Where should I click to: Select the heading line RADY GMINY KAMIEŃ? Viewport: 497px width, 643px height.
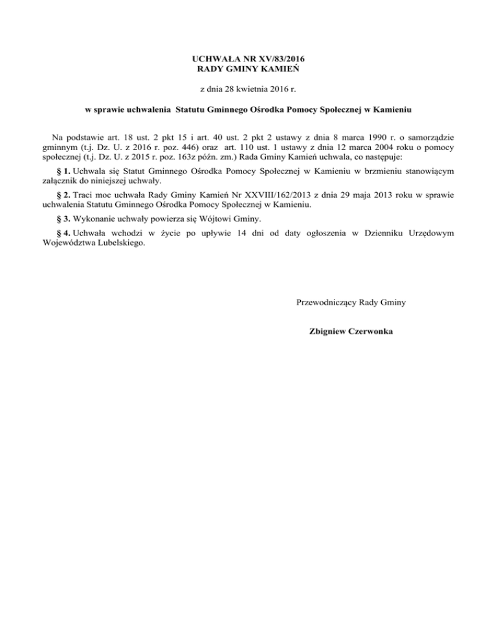click(x=248, y=68)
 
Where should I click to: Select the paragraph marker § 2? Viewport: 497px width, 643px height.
click(x=63, y=195)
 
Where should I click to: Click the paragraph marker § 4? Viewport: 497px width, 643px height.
click(x=63, y=232)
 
